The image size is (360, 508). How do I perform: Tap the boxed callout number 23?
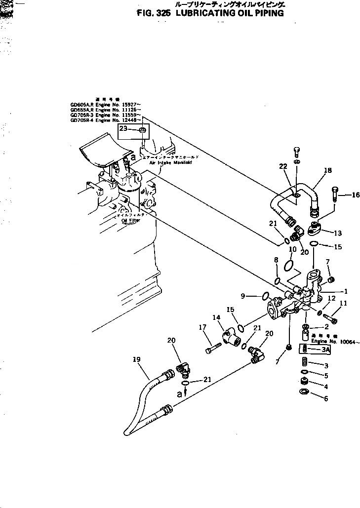click(x=123, y=129)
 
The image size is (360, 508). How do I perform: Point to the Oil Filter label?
click(x=131, y=220)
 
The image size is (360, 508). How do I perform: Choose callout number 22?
click(x=283, y=166)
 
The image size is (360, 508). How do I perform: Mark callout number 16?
click(x=356, y=195)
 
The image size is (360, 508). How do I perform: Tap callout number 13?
click(x=338, y=233)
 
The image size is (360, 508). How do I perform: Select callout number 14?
click(x=216, y=317)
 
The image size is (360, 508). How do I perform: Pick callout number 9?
click(x=243, y=296)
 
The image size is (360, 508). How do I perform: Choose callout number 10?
click(x=292, y=249)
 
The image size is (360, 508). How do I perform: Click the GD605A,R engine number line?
click(x=106, y=105)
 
